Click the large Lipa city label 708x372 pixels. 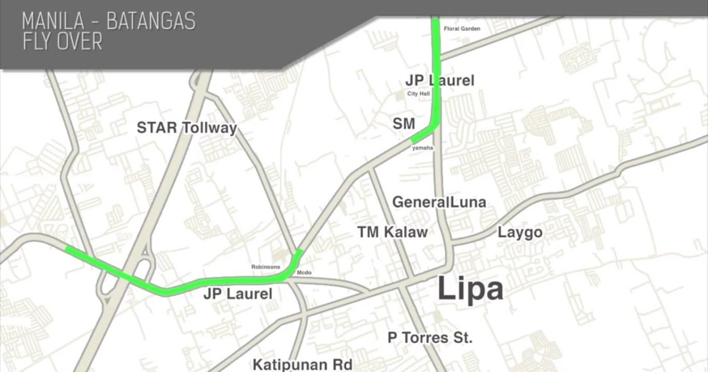470,291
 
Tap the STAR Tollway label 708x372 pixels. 186,128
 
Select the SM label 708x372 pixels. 404,124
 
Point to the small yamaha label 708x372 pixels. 423,148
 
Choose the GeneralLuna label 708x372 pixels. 439,203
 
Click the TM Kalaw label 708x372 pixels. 392,232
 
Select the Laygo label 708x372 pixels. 520,232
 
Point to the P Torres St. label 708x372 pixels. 430,338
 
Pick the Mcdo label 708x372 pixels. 304,272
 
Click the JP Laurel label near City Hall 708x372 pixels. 440,80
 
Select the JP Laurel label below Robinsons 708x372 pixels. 238,293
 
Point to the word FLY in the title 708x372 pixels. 37,43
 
